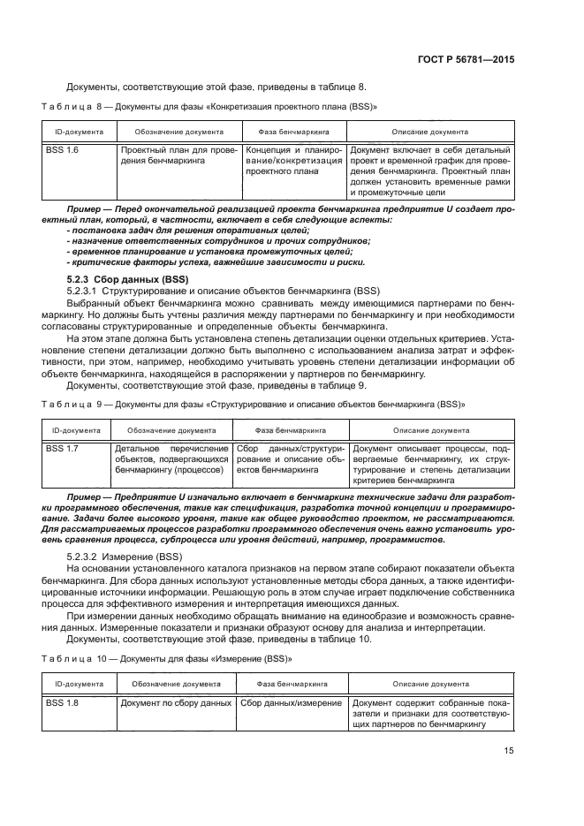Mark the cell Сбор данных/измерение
291,702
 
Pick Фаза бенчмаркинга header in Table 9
291,430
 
